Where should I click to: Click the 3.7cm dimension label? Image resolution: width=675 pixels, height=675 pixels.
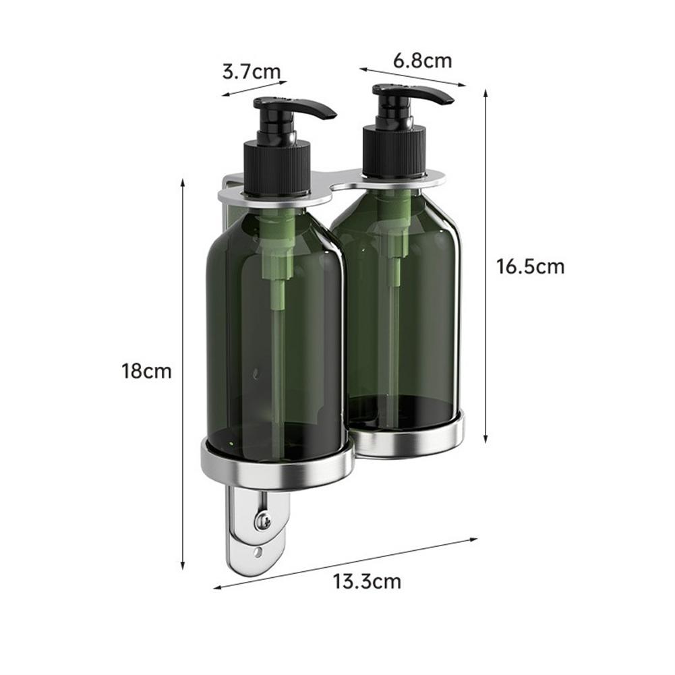[251, 71]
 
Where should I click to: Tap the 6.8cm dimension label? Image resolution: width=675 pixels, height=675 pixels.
[422, 61]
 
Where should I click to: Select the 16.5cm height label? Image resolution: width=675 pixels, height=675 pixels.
[530, 266]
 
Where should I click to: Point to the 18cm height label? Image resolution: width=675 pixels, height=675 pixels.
[146, 371]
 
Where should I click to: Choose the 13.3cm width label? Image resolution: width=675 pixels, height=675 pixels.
[366, 581]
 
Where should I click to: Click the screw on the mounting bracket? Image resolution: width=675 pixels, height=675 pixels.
[261, 520]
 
